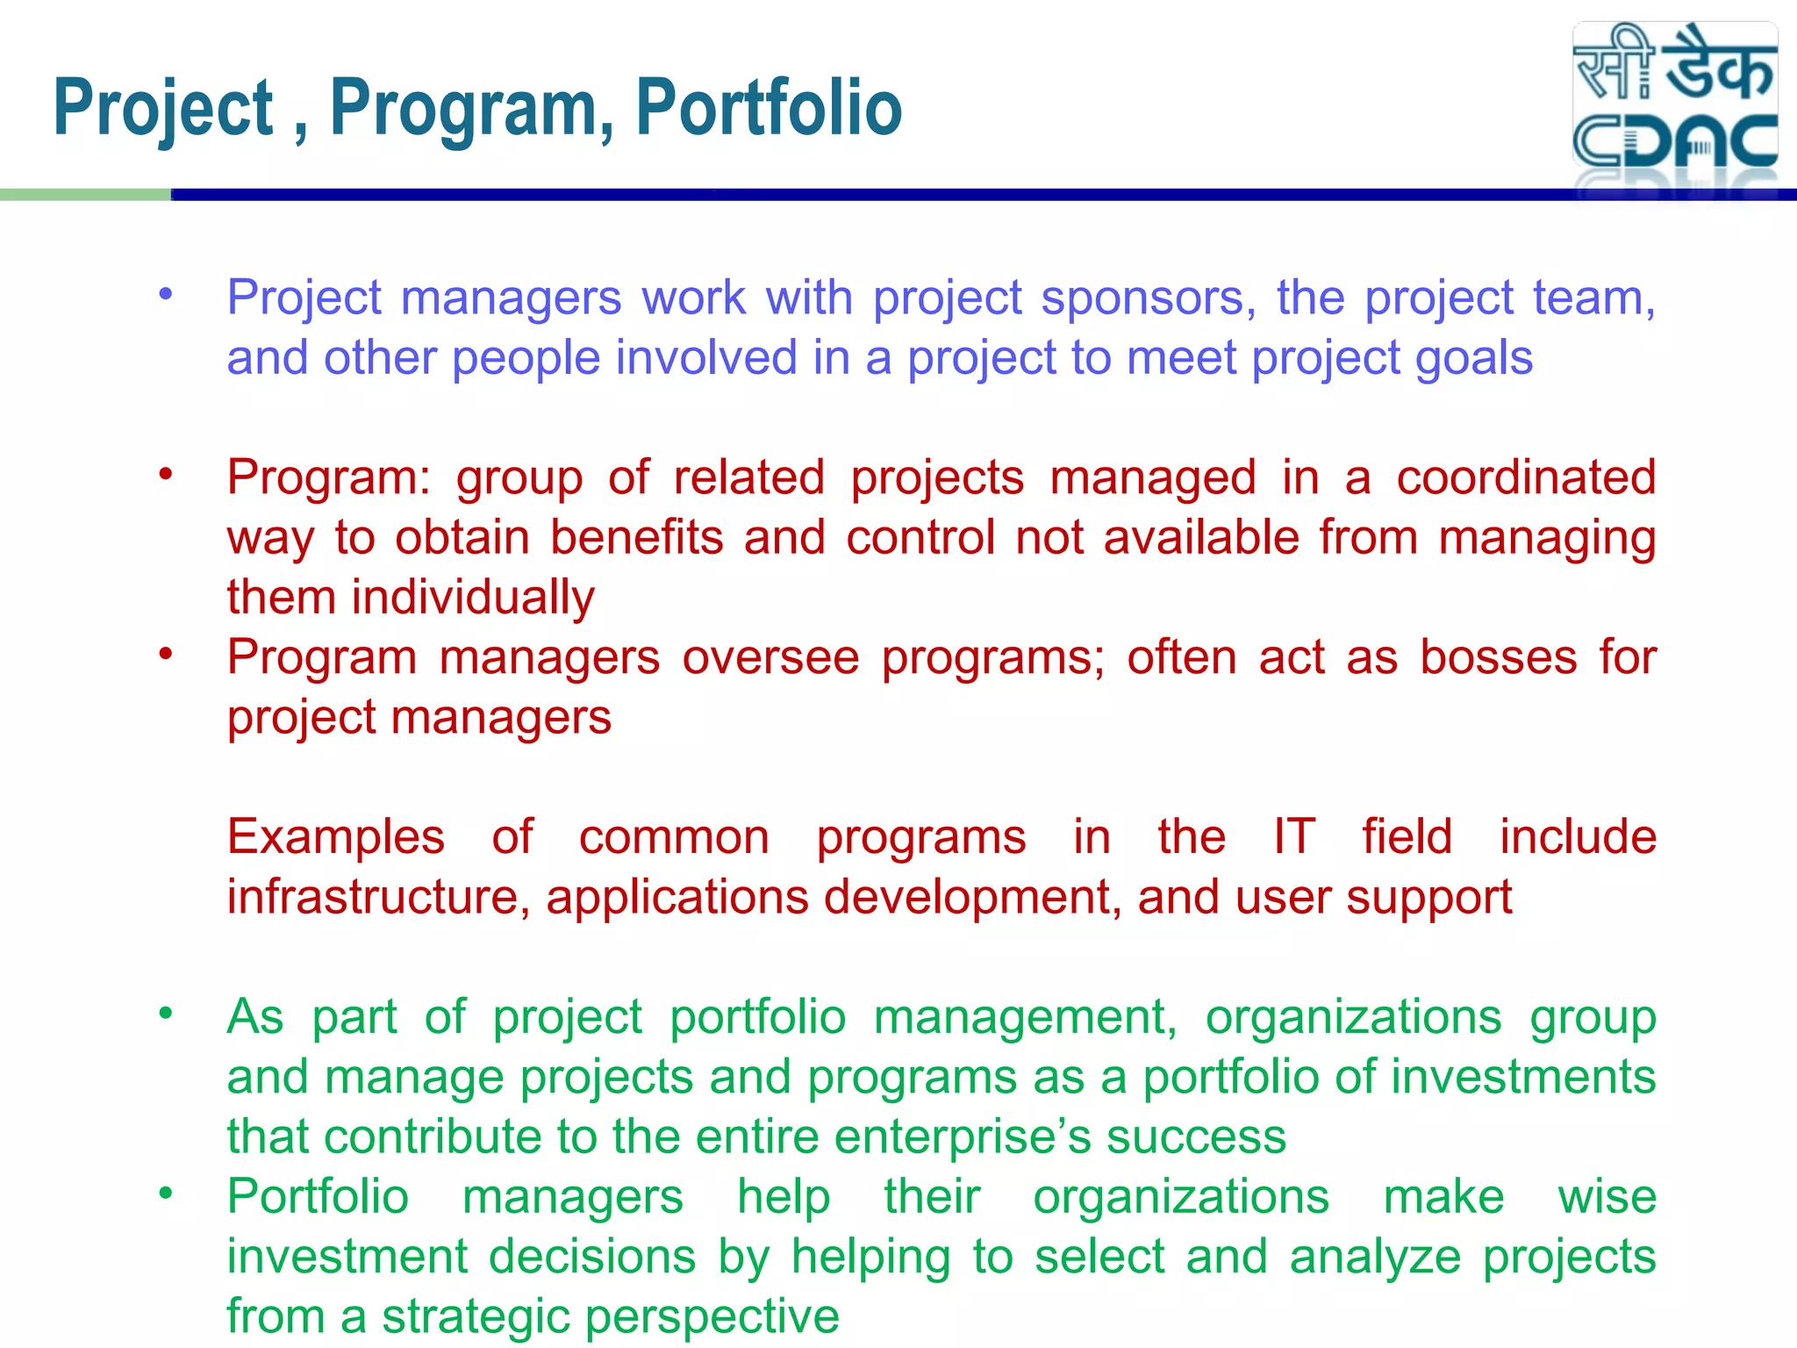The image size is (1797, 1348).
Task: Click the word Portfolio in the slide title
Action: [x=769, y=108]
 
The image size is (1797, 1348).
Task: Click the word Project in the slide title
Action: [x=164, y=108]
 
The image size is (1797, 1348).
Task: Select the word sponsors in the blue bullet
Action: [x=1148, y=298]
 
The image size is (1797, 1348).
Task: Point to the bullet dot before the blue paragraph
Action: [x=166, y=294]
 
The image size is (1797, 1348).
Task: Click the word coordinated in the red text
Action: [x=1526, y=478]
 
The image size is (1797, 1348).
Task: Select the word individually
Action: [x=472, y=598]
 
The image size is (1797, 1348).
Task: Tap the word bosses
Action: [x=1498, y=657]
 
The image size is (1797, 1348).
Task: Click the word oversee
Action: [x=770, y=657]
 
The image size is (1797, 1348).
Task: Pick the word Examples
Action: [x=336, y=837]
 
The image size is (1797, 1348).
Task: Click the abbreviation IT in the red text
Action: [x=1294, y=837]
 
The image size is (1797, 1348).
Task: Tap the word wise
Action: [x=1607, y=1197]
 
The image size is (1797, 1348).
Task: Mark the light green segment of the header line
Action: [x=85, y=195]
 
